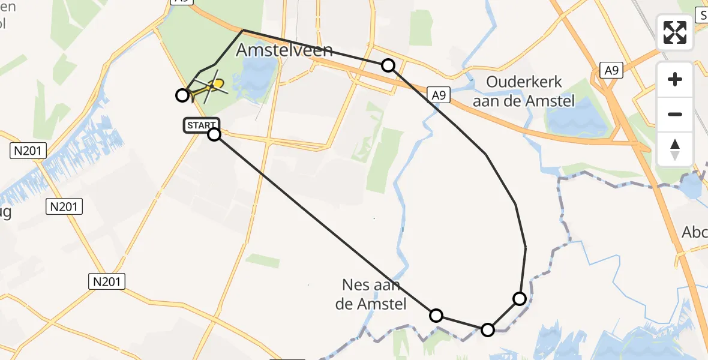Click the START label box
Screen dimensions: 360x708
pyautogui.click(x=201, y=125)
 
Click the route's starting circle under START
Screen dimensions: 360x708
pyautogui.click(x=214, y=134)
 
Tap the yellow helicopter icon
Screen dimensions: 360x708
pyautogui.click(x=211, y=87)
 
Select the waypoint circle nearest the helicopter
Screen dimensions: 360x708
pyautogui.click(x=182, y=95)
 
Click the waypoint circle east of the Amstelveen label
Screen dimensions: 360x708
pyautogui.click(x=388, y=65)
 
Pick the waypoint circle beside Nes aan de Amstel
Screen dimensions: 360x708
pyautogui.click(x=436, y=316)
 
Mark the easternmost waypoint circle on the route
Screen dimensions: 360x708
pyautogui.click(x=520, y=298)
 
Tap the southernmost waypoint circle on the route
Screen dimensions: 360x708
pyautogui.click(x=488, y=329)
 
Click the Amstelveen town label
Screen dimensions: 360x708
pyautogui.click(x=284, y=50)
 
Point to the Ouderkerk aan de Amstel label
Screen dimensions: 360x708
pyautogui.click(x=524, y=92)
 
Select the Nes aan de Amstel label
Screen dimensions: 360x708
pyautogui.click(x=371, y=295)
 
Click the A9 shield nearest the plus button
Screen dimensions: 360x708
pyautogui.click(x=611, y=71)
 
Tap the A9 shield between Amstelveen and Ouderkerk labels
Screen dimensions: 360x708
pyautogui.click(x=439, y=94)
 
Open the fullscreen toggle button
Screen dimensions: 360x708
pyautogui.click(x=675, y=32)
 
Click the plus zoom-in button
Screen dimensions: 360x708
pyautogui.click(x=675, y=79)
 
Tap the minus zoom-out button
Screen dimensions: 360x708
pyautogui.click(x=675, y=114)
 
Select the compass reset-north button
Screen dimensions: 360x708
pyautogui.click(x=675, y=149)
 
